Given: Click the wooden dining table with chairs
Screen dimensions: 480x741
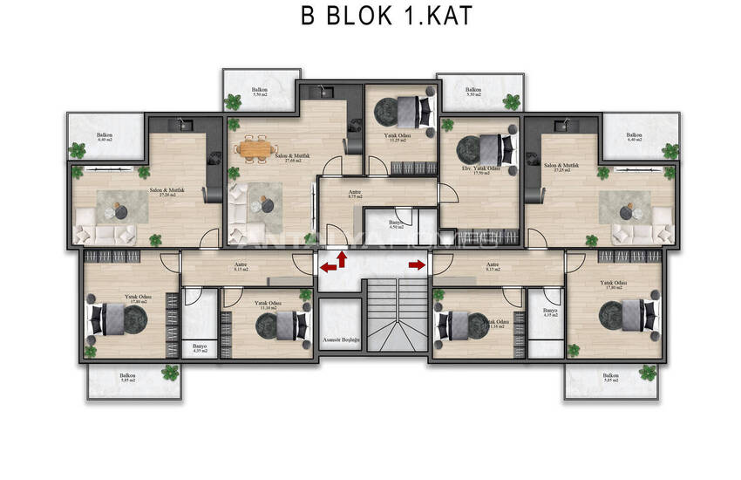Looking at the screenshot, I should coord(255,149).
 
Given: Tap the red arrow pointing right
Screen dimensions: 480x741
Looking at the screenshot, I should coord(416,264).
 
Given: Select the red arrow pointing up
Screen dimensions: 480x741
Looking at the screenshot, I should coord(342,259).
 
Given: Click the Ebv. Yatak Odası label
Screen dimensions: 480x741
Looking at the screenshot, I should coord(480,170).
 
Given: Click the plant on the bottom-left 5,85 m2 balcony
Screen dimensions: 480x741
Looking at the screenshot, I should coord(170,373).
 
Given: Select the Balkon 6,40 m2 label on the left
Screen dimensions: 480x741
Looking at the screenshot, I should coord(105,137).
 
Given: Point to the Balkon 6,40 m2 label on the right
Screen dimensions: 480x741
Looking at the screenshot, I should coord(634,137).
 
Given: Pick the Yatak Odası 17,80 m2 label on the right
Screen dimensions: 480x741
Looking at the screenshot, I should coord(615,285).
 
